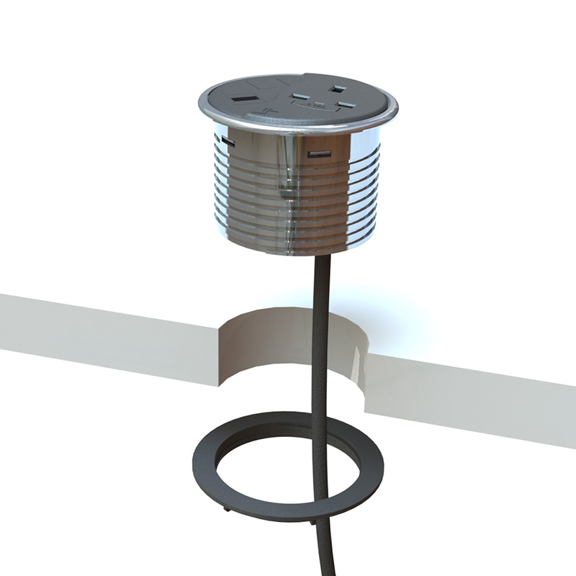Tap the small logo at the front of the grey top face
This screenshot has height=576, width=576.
click(268, 110)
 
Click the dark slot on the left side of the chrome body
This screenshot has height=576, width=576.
click(227, 140)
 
